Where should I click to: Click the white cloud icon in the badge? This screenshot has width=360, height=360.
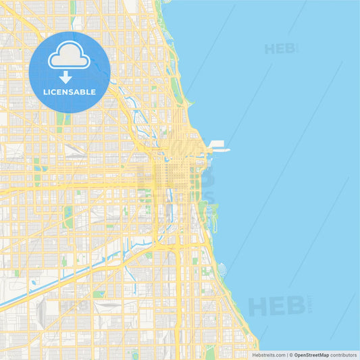tap(69, 55)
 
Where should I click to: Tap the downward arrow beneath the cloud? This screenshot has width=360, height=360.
tap(66, 77)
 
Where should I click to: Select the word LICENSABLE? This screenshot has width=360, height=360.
tap(70, 92)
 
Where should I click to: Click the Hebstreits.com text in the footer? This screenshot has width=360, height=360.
tap(269, 355)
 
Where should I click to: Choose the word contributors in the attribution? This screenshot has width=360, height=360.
tap(344, 355)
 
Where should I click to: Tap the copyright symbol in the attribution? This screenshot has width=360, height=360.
tap(291, 355)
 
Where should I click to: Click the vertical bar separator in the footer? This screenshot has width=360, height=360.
tap(286, 355)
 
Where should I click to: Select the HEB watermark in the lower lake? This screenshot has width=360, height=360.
tap(277, 305)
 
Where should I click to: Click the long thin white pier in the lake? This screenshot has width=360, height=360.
tap(220, 150)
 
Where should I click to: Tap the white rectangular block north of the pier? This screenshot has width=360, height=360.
tap(217, 143)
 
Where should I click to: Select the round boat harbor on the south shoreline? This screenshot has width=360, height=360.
tap(222, 269)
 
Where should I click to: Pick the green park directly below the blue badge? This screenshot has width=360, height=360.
tap(61, 121)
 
